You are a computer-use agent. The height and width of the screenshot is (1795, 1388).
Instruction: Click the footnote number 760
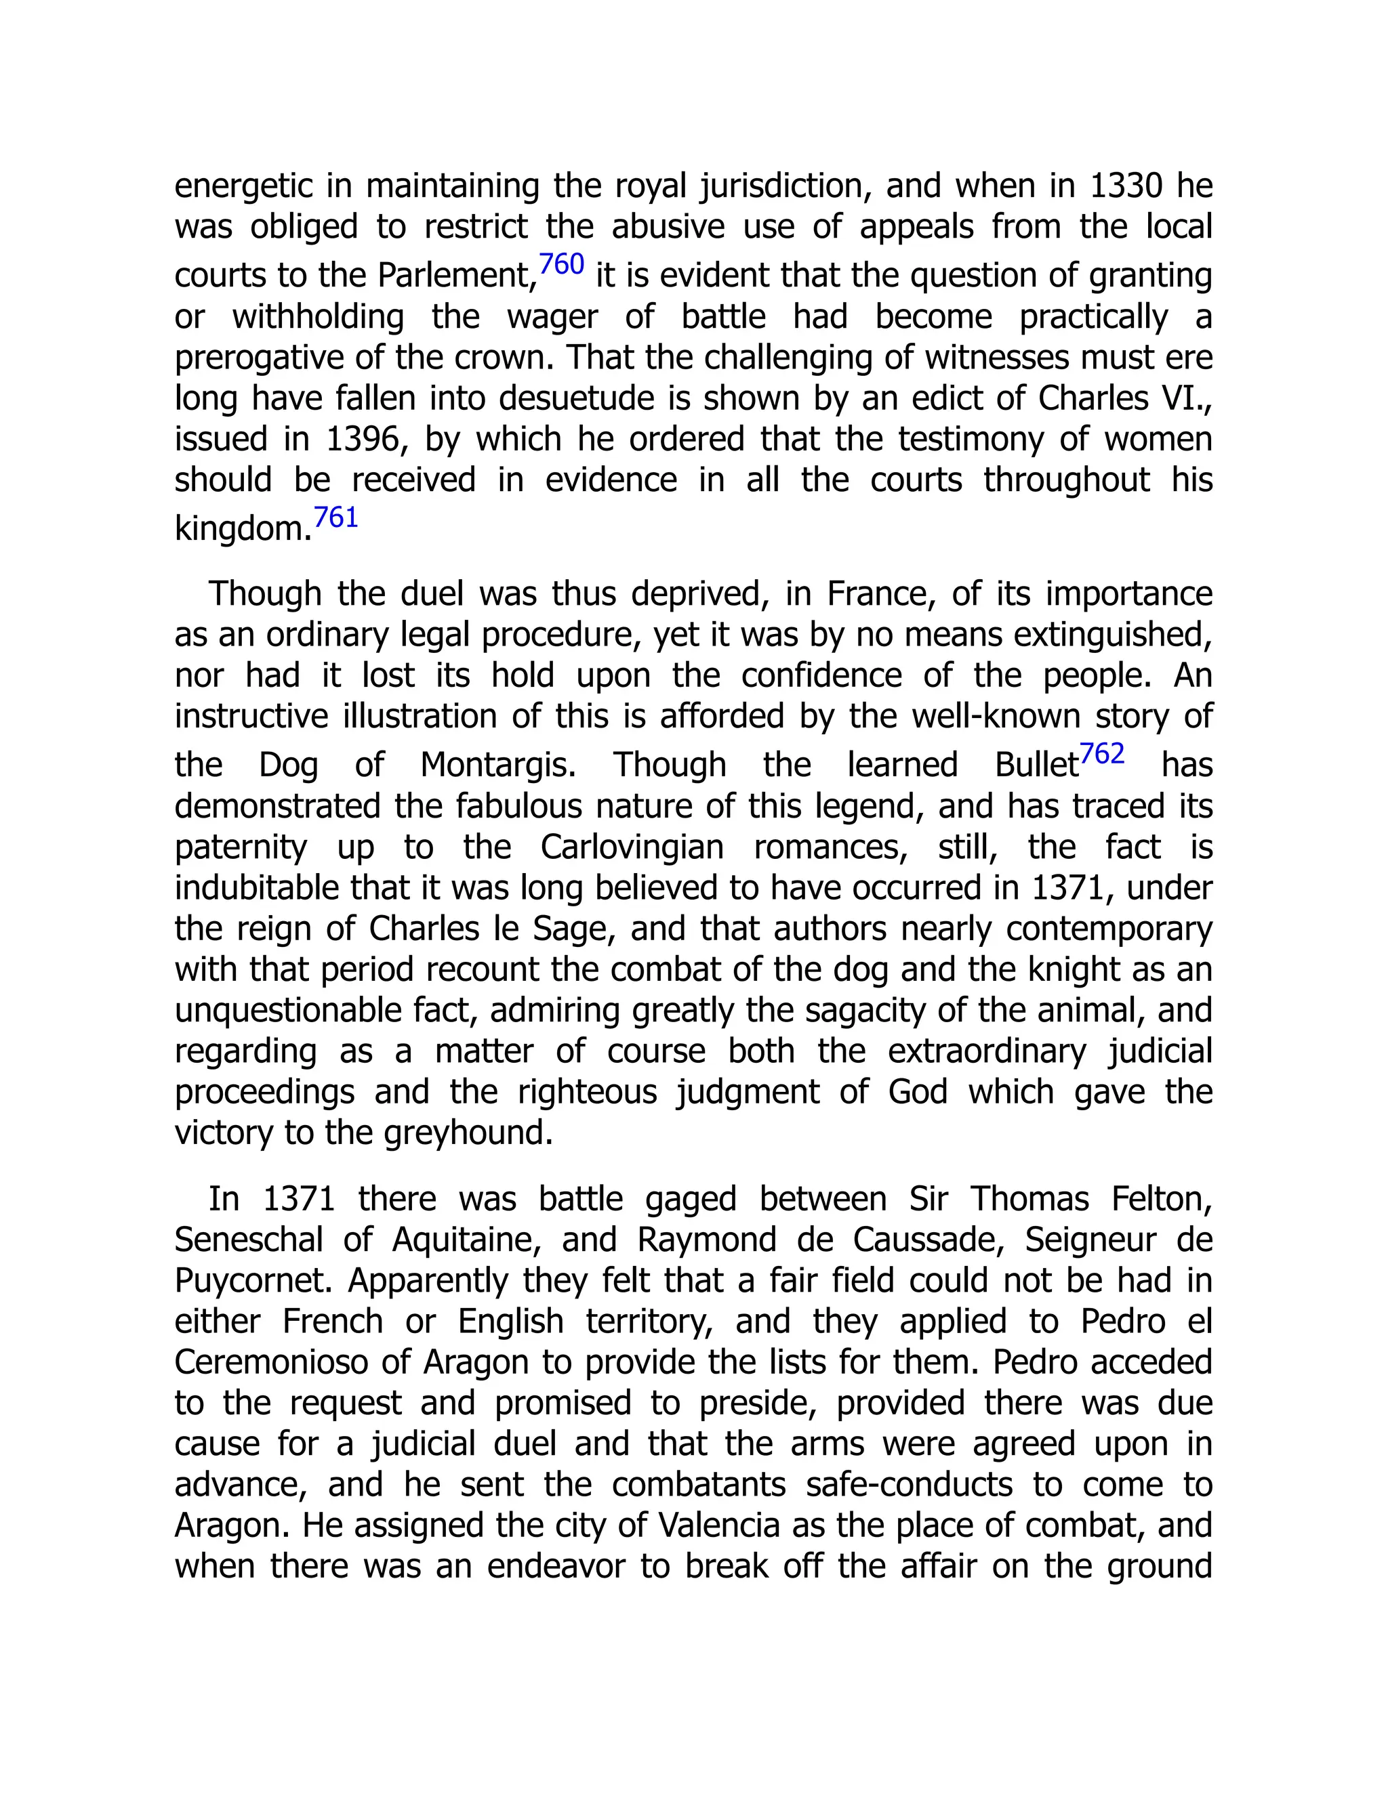(562, 265)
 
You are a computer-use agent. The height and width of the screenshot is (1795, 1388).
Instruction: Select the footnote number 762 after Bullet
(1102, 755)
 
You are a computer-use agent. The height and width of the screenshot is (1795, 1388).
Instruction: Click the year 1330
(1126, 186)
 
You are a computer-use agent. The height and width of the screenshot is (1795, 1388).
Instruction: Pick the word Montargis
(498, 765)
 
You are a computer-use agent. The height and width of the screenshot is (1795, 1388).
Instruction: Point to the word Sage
(575, 929)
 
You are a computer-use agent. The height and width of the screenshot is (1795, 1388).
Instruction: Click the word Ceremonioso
(271, 1363)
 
